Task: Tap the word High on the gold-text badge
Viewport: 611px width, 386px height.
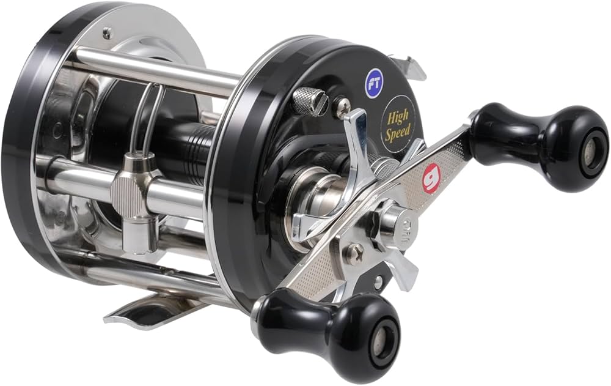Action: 397,117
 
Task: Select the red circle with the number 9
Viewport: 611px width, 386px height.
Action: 431,178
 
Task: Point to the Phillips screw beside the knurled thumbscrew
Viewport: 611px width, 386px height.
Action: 342,103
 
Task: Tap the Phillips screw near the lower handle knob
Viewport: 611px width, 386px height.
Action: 355,252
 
